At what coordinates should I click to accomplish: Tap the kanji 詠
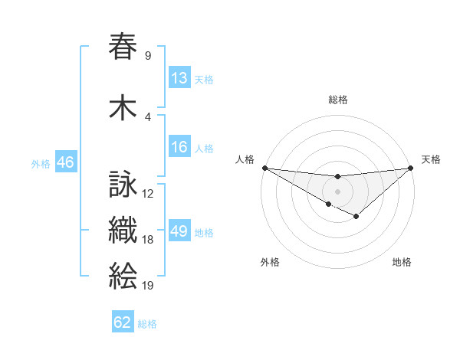tap(123, 185)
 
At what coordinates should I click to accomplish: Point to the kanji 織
tap(123, 230)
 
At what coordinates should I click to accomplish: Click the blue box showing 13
tap(179, 78)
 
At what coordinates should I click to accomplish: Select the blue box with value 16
tap(179, 147)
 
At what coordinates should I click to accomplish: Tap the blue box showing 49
tap(179, 231)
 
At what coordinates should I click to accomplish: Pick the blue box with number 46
tap(65, 162)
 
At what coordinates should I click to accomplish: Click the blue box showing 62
tap(123, 322)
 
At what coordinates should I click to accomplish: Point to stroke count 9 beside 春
tap(147, 55)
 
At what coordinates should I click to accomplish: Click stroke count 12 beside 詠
tap(148, 194)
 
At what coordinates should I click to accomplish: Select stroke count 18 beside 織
tap(148, 240)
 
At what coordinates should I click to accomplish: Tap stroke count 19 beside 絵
tap(148, 286)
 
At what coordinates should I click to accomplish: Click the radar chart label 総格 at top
tap(337, 100)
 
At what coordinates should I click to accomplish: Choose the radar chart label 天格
tap(431, 159)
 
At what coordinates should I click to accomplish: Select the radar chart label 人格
tap(245, 159)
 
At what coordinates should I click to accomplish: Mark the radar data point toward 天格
tap(411, 168)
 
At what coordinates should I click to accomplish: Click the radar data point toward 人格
tap(264, 168)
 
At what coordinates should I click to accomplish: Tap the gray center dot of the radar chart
tap(337, 191)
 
